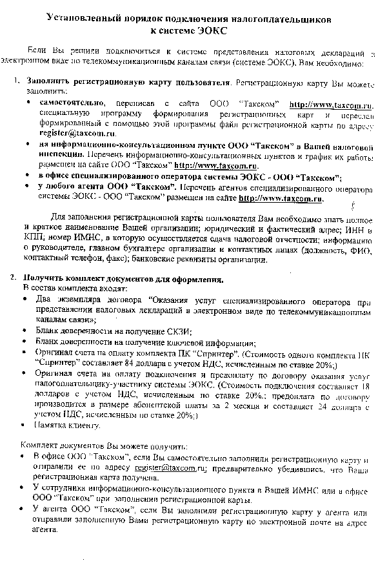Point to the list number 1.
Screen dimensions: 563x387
(16, 83)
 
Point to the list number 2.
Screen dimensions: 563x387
(13, 278)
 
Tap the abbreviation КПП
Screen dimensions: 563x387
(30, 241)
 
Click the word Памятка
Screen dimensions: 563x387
(55, 426)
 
